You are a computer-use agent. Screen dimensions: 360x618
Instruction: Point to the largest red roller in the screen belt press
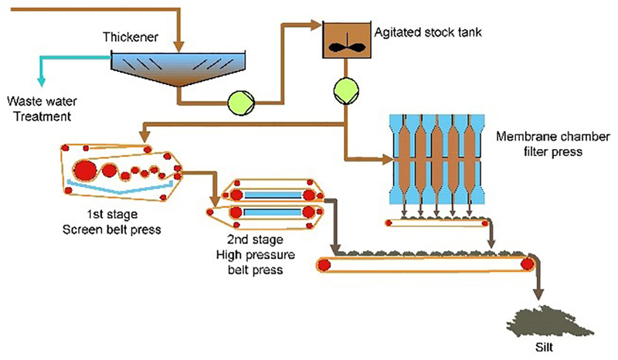(84, 169)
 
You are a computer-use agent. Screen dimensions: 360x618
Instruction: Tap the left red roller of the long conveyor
(324, 265)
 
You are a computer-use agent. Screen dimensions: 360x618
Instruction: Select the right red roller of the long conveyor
(528, 264)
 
